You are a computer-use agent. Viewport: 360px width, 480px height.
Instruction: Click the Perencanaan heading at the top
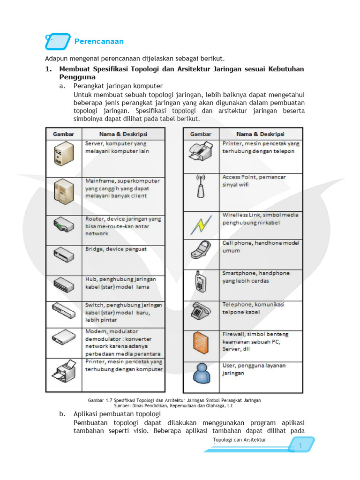[x=99, y=41]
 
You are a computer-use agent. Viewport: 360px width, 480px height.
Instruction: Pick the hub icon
[x=63, y=285]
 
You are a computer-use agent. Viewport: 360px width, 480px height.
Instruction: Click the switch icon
[x=63, y=310]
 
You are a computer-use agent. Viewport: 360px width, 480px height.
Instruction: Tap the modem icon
[x=63, y=337]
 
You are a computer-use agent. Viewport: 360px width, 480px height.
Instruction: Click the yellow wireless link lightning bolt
[x=201, y=225]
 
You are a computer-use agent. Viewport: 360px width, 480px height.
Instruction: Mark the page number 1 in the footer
[x=300, y=446]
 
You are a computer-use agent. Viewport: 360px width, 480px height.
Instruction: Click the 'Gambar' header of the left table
[x=64, y=134]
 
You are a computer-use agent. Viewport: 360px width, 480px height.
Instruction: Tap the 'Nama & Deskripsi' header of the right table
[x=260, y=134]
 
